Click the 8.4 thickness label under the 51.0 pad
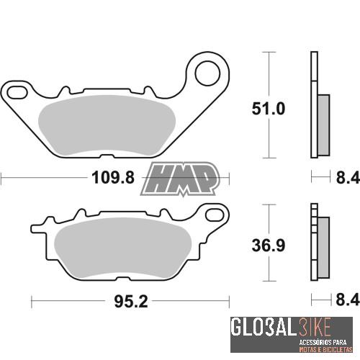tap(342, 177)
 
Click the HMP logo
tap(181, 179)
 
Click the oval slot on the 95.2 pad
tap(213, 213)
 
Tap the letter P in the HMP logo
tap(204, 179)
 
